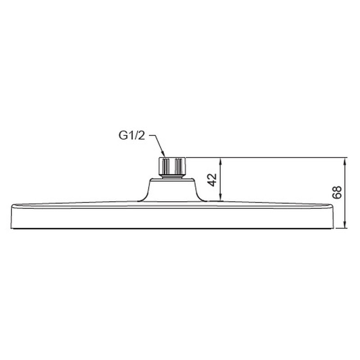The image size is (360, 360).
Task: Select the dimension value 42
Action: [x=213, y=180]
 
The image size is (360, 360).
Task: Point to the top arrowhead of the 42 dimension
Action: [x=220, y=161]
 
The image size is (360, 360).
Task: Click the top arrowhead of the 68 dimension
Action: [x=345, y=161]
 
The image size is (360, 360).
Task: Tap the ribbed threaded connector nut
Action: [x=173, y=166]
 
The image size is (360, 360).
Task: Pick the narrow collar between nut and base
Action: [x=173, y=177]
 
